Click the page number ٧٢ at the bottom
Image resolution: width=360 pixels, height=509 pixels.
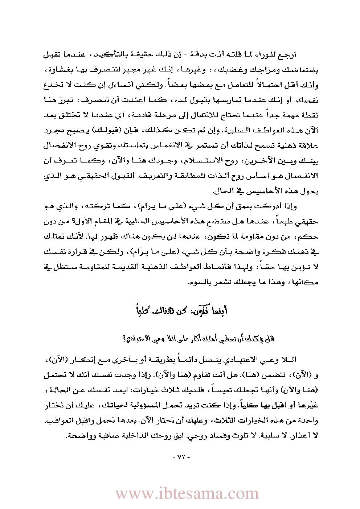click(180, 457)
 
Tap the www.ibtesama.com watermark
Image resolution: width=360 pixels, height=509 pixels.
click(187, 494)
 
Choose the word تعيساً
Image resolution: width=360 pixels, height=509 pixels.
click(220, 390)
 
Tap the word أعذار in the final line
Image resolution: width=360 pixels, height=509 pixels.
click(302, 435)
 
